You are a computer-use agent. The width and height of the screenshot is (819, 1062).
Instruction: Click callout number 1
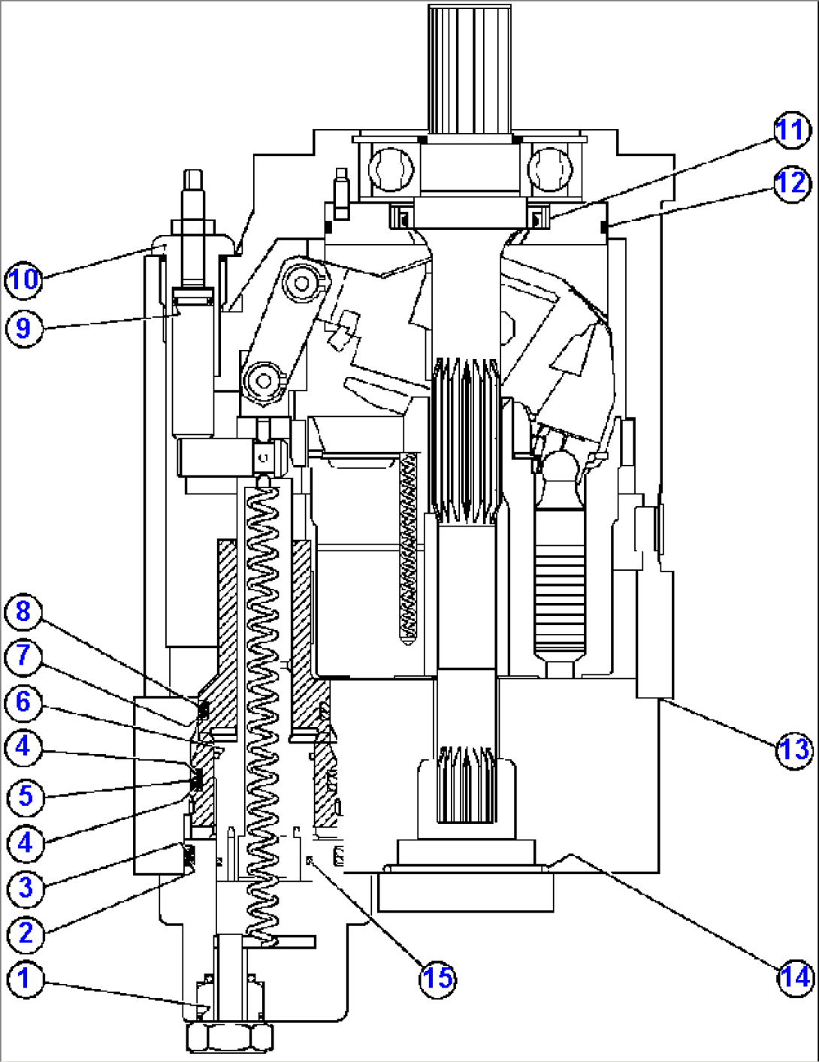[25, 979]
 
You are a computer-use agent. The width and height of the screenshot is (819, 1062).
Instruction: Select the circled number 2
[25, 934]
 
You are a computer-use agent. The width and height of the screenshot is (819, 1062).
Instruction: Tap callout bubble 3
[25, 887]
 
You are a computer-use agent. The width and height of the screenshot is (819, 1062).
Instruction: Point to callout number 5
[25, 795]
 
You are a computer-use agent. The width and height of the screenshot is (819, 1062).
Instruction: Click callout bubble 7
[23, 656]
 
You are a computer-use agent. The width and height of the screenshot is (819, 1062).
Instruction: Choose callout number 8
[23, 611]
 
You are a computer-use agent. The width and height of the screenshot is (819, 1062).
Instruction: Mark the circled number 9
[23, 328]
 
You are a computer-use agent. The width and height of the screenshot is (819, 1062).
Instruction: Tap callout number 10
[23, 279]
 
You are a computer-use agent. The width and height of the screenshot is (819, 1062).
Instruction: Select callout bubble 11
[790, 131]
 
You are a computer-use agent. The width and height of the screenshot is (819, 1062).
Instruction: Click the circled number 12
[790, 183]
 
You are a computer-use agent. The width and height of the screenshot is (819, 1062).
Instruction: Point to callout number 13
[794, 749]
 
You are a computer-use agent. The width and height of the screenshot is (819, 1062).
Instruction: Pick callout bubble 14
[794, 977]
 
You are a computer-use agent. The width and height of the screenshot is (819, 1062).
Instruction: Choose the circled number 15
[437, 977]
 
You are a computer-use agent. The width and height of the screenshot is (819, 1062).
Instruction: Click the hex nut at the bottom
[229, 1037]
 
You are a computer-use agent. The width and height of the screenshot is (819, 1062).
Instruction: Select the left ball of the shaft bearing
[392, 168]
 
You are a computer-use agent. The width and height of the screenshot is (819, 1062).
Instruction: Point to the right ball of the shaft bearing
[550, 168]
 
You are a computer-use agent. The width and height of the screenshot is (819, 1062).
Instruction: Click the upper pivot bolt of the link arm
[302, 282]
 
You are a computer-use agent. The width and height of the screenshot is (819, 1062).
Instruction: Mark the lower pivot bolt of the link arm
[264, 381]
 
